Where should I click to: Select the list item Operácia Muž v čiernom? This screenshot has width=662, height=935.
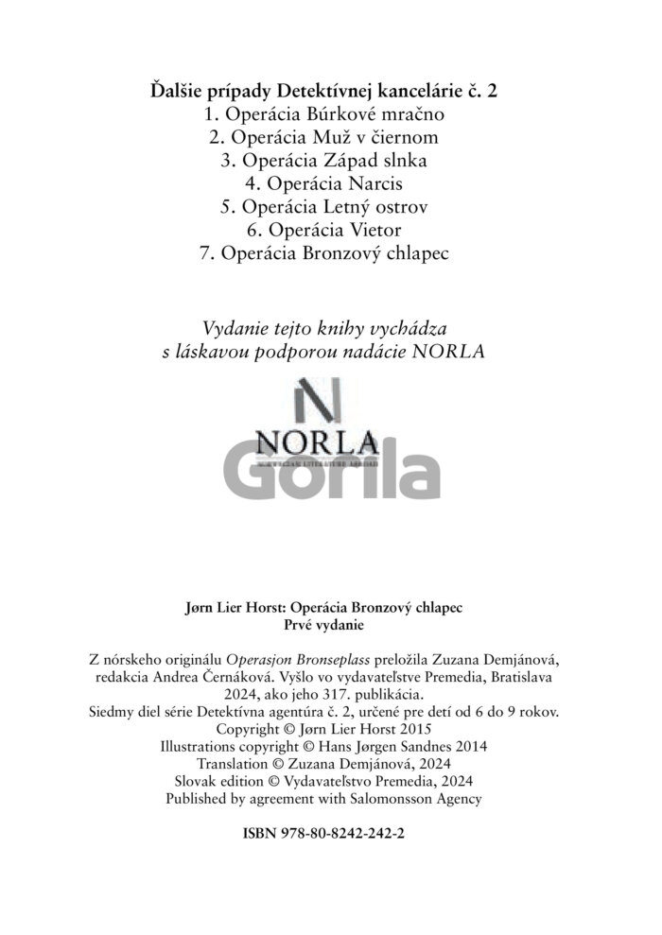(324, 137)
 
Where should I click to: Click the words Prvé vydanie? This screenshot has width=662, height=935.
(323, 625)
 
